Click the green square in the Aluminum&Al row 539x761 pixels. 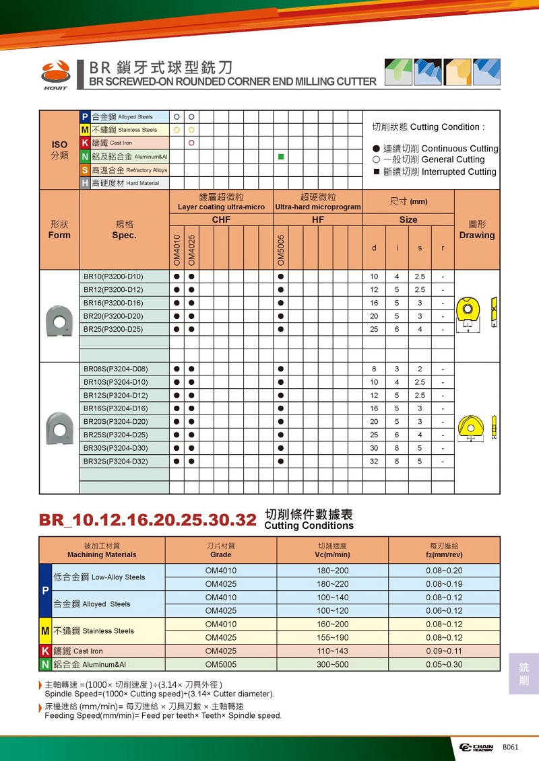pyautogui.click(x=280, y=156)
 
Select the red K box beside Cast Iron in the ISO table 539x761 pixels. pyautogui.click(x=85, y=143)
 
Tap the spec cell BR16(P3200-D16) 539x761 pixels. pyautogui.click(x=113, y=303)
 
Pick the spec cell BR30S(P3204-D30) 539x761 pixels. pyautogui.click(x=115, y=448)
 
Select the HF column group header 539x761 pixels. pyautogui.click(x=318, y=220)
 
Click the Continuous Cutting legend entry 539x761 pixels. pyautogui.click(x=435, y=149)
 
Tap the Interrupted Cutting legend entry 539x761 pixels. pyautogui.click(x=435, y=172)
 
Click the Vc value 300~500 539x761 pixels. pyautogui.click(x=332, y=664)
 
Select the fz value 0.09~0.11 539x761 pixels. pyautogui.click(x=444, y=651)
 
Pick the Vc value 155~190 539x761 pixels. pyautogui.click(x=332, y=637)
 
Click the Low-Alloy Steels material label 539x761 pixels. pyautogui.click(x=99, y=577)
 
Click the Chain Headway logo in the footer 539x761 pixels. pyautogui.click(x=476, y=748)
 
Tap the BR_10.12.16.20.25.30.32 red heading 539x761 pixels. pyautogui.click(x=148, y=520)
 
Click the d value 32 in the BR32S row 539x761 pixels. pyautogui.click(x=375, y=462)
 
